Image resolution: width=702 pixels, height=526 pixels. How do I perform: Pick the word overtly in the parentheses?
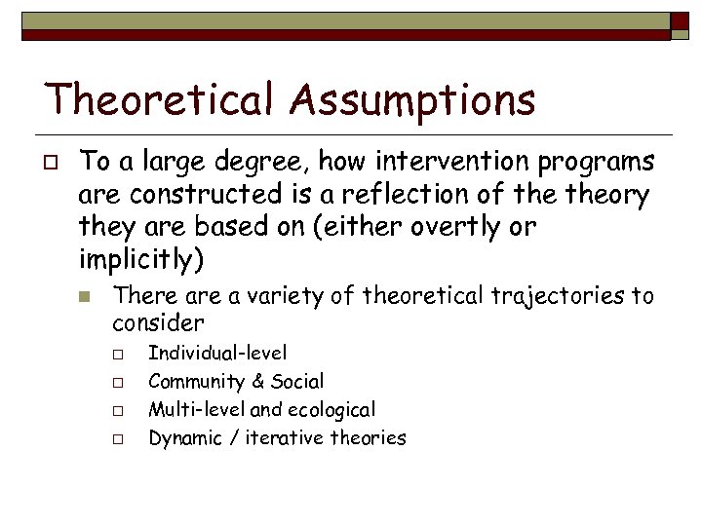[x=449, y=229]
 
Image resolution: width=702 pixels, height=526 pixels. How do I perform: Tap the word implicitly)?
[x=141, y=261]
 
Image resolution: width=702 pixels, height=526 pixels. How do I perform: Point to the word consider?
[x=158, y=321]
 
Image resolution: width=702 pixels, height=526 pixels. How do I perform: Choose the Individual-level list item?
[x=217, y=353]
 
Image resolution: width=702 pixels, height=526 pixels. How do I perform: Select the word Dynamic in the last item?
[x=182, y=438]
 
